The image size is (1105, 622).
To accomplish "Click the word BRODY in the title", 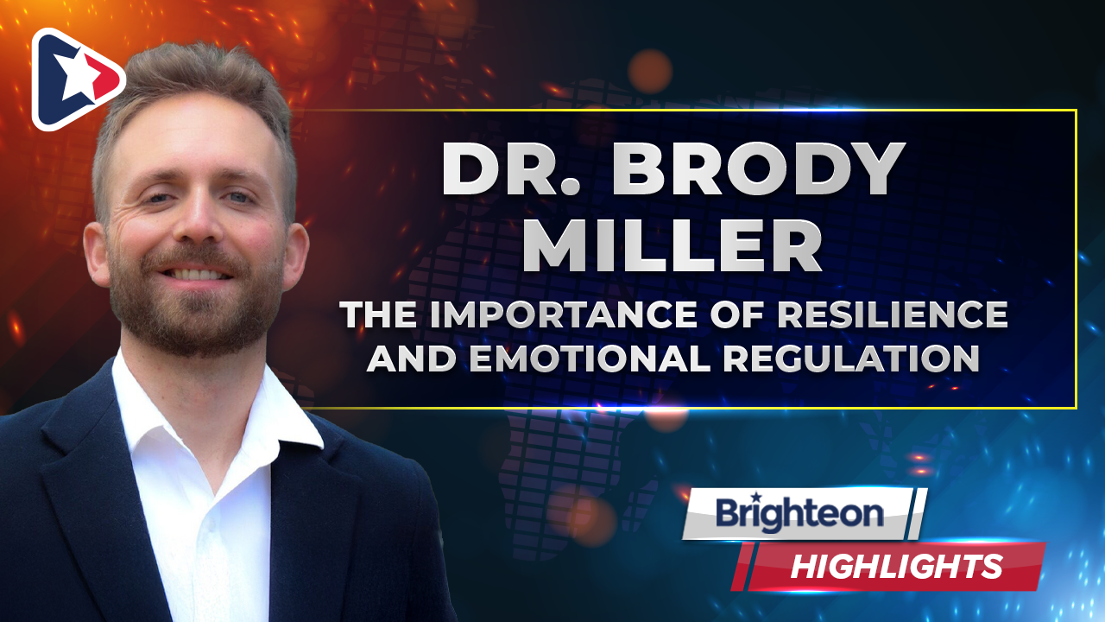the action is point(758,170).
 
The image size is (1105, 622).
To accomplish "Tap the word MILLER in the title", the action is point(672,247).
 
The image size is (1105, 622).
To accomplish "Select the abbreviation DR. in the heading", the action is point(512,170).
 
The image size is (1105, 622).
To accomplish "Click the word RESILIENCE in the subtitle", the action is point(892,314).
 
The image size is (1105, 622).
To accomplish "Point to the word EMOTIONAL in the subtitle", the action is point(589,358).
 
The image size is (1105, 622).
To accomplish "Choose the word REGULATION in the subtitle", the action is point(851,358).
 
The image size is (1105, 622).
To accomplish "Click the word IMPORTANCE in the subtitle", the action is point(562,314).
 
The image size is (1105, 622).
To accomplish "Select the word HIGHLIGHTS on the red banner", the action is point(897,567).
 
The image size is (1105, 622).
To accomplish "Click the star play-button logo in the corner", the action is point(78,79).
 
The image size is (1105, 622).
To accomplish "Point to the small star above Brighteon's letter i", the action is point(755,496).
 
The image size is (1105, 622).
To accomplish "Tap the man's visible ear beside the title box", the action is point(294,256).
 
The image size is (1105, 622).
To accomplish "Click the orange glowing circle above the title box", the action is point(650,72).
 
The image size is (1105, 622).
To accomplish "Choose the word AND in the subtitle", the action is point(412,358).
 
